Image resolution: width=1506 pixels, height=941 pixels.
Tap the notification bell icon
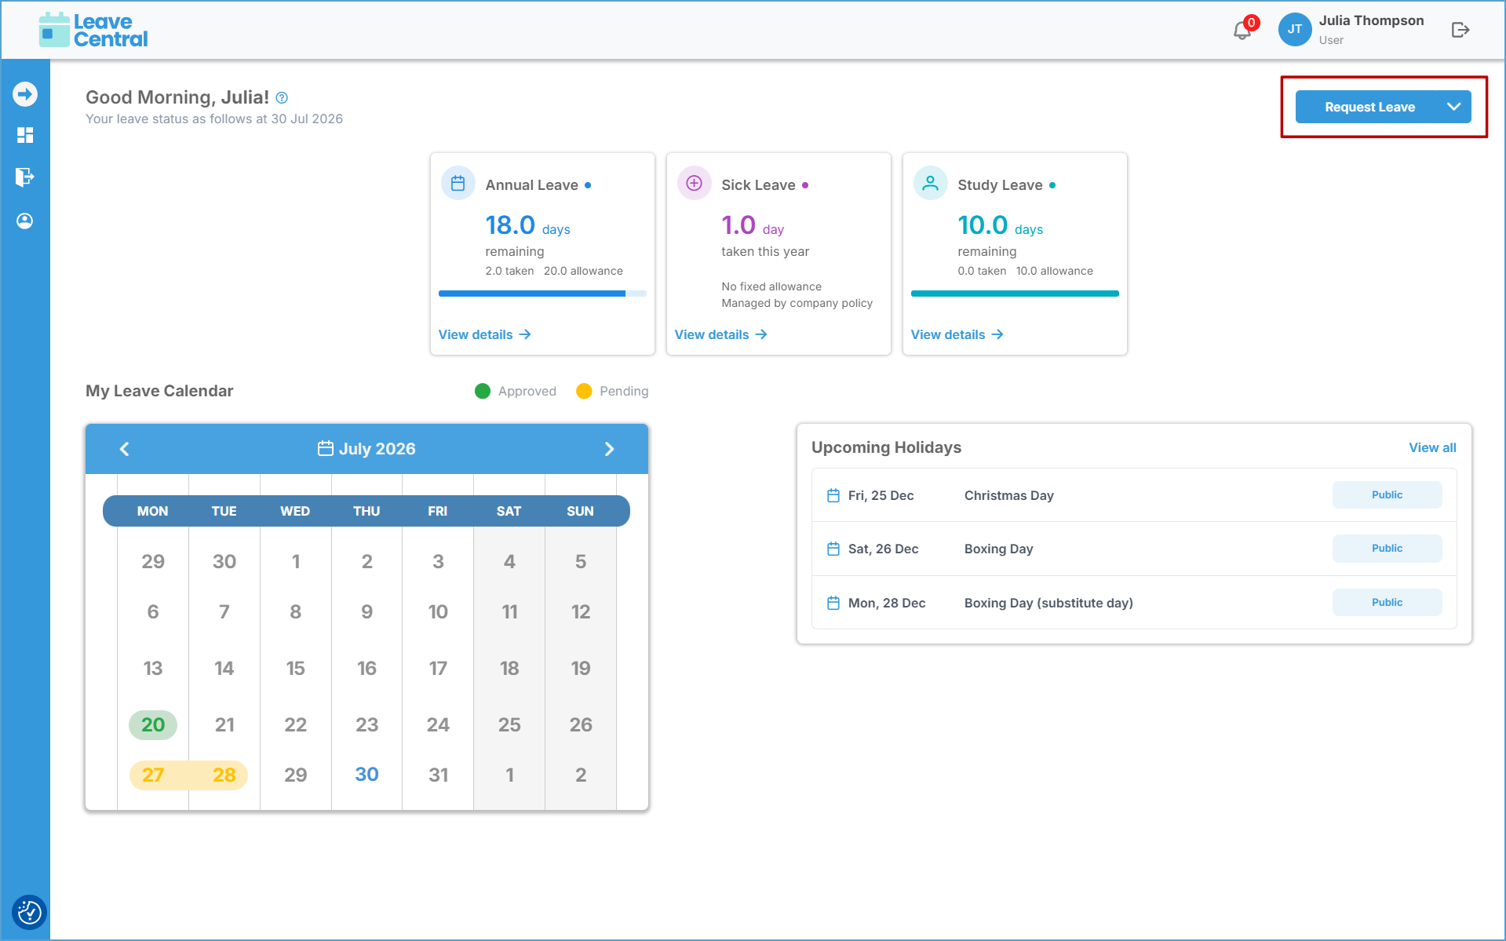click(x=1242, y=31)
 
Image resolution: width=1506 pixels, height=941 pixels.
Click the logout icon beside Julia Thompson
click(x=1460, y=30)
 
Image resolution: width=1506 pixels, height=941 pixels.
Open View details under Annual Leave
click(x=484, y=334)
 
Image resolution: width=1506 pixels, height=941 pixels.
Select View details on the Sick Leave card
click(x=720, y=334)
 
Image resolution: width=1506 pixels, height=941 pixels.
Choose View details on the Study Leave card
click(x=957, y=334)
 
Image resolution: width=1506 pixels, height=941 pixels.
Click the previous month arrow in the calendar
click(x=124, y=449)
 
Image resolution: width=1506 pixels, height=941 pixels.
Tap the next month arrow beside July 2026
click(x=609, y=449)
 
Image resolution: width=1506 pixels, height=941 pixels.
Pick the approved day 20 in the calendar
click(x=153, y=724)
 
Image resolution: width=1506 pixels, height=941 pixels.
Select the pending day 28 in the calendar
click(x=224, y=775)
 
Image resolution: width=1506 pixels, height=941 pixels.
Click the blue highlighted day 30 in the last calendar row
click(x=366, y=775)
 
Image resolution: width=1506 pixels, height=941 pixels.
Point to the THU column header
click(x=366, y=511)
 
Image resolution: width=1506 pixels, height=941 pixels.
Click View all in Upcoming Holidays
click(x=1432, y=447)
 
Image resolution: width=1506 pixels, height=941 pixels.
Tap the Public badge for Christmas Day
click(x=1387, y=495)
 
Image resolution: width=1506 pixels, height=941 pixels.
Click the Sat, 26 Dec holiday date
click(x=883, y=549)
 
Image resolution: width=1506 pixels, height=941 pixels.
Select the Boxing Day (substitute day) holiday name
click(x=1048, y=603)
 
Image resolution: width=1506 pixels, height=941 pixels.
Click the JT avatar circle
click(x=1294, y=30)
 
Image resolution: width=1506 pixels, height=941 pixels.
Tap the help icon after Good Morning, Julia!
click(x=282, y=98)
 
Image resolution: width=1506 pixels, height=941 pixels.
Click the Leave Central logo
click(x=93, y=30)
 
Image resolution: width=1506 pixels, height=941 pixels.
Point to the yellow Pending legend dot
click(x=584, y=391)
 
